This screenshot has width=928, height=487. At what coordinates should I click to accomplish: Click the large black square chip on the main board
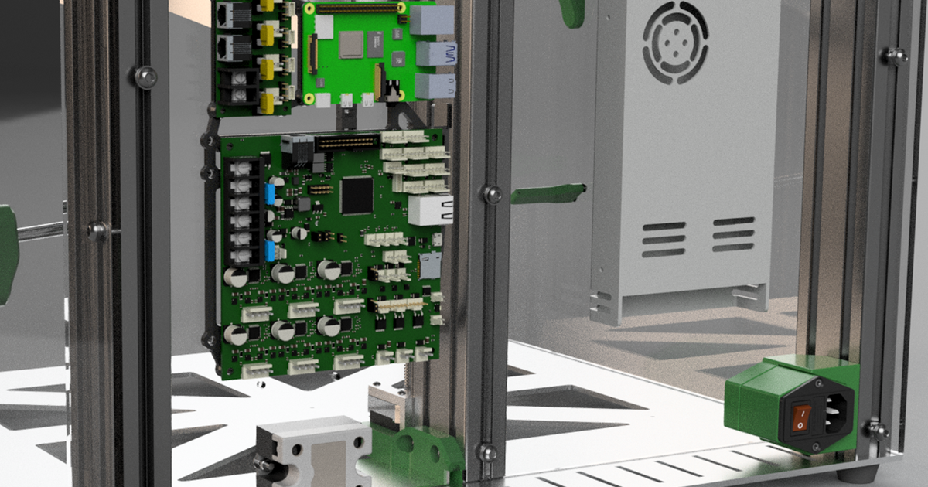point(357,196)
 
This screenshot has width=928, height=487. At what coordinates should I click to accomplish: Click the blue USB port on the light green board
point(437,53)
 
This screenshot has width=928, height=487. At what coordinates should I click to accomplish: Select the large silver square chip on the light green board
point(351,44)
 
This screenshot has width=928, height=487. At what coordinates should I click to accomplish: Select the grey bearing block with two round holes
point(313,452)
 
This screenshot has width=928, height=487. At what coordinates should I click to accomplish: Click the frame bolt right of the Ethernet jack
point(492,194)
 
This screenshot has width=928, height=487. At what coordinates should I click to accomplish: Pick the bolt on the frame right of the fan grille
point(896,55)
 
